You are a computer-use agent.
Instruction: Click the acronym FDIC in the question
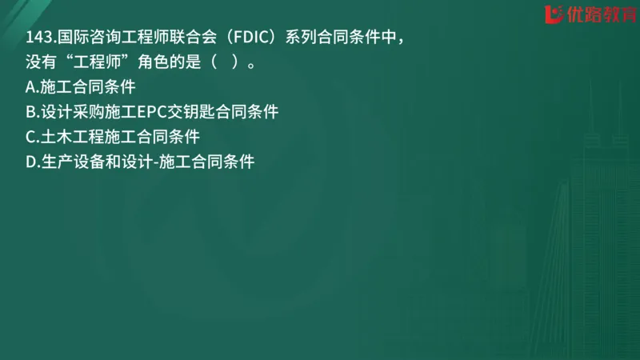coord(243,38)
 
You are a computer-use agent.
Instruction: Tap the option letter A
coord(31,87)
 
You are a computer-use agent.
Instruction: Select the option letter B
coord(31,112)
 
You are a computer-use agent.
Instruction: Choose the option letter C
coord(31,137)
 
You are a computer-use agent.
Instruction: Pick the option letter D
coord(32,162)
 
